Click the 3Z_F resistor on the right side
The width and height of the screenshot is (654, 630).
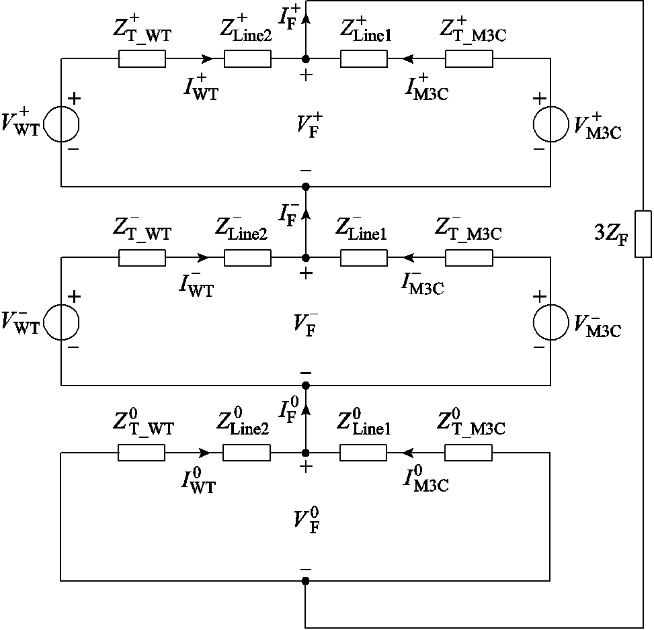[x=643, y=234]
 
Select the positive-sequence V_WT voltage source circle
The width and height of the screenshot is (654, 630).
[x=62, y=123]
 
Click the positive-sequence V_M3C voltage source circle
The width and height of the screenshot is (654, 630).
[x=550, y=123]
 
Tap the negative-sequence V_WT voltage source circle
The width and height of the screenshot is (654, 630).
[x=62, y=322]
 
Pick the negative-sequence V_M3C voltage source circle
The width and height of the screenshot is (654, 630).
[x=550, y=322]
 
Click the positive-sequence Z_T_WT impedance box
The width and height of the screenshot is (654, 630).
[x=142, y=59]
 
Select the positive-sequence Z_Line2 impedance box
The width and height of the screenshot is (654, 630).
[x=247, y=59]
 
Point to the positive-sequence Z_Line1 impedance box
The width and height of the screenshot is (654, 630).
[x=364, y=59]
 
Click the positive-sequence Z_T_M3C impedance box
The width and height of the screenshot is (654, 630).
[x=469, y=59]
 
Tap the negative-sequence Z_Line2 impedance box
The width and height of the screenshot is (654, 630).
[x=247, y=257]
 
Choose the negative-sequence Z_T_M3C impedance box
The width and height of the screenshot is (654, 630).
[x=469, y=257]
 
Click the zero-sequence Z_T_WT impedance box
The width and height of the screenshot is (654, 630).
[x=142, y=453]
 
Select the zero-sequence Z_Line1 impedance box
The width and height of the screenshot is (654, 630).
[x=364, y=453]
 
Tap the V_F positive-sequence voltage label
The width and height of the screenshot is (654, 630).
[x=306, y=124]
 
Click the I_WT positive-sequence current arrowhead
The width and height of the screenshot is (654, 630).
[x=204, y=59]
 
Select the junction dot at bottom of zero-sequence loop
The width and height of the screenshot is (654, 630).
[x=306, y=581]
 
